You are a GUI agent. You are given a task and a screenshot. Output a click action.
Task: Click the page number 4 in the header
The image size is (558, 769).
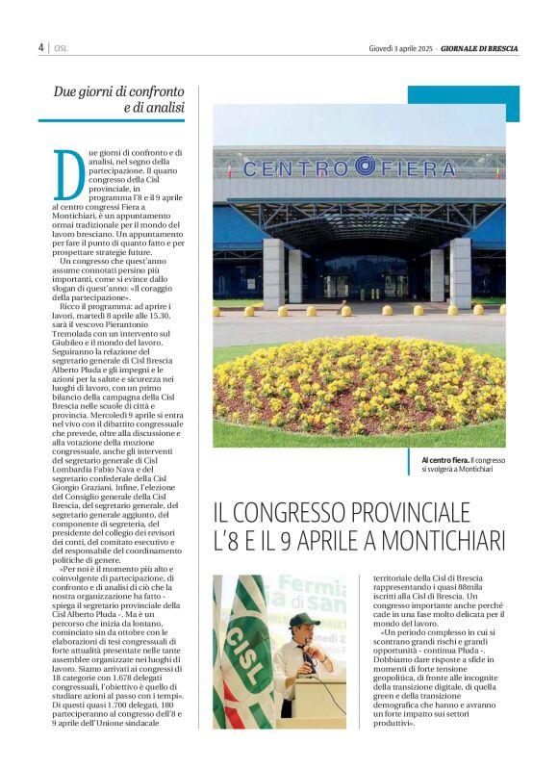(x=41, y=47)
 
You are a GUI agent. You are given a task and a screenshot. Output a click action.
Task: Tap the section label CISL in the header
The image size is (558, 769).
(x=60, y=48)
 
